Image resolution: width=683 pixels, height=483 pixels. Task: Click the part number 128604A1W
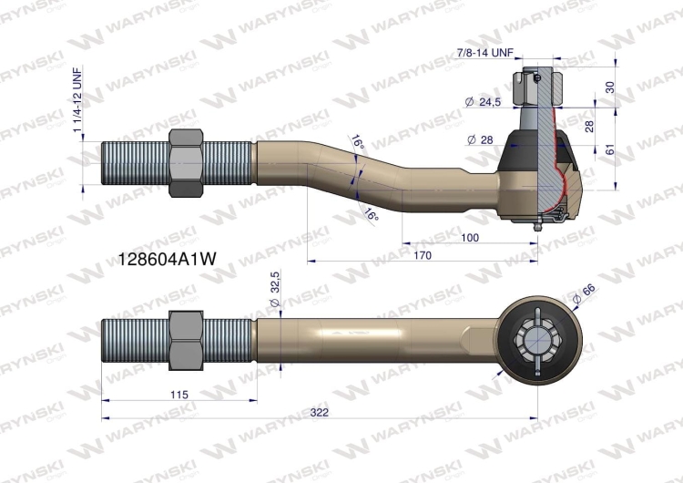[167, 258]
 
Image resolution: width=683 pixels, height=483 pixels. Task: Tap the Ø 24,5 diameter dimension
[483, 102]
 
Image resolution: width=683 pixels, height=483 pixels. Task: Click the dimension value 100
[470, 237]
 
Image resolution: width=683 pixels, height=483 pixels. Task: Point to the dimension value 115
[178, 394]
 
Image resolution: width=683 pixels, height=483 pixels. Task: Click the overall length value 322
[318, 412]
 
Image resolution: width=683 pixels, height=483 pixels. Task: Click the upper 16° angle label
[357, 143]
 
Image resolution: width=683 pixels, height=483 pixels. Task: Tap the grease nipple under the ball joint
[539, 224]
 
